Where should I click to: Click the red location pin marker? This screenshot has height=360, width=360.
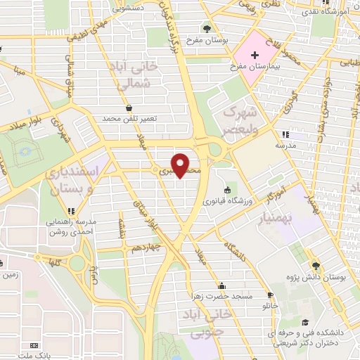[181, 165]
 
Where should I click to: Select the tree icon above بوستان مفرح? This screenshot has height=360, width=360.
[207, 29]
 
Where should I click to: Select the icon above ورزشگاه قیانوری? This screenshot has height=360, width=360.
[226, 191]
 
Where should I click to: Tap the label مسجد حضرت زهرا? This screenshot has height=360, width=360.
[224, 295]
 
